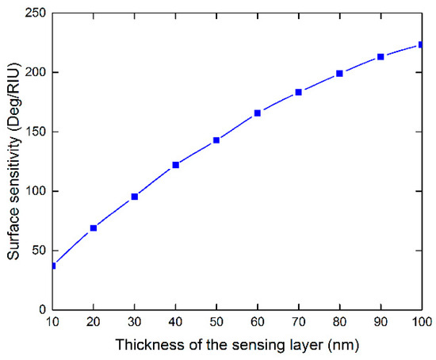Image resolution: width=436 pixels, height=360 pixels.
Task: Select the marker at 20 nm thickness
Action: pos(94,228)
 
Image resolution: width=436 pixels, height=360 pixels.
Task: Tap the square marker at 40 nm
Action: pos(176,165)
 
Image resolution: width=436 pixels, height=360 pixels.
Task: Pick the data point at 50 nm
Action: pos(216,140)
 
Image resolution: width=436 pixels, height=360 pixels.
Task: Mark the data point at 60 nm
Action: pos(258,113)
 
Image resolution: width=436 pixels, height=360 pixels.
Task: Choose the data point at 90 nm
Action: pos(381,57)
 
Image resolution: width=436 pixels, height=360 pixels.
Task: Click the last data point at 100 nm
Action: pos(421,45)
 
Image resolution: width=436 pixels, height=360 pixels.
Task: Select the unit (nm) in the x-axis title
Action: pos(322,344)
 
